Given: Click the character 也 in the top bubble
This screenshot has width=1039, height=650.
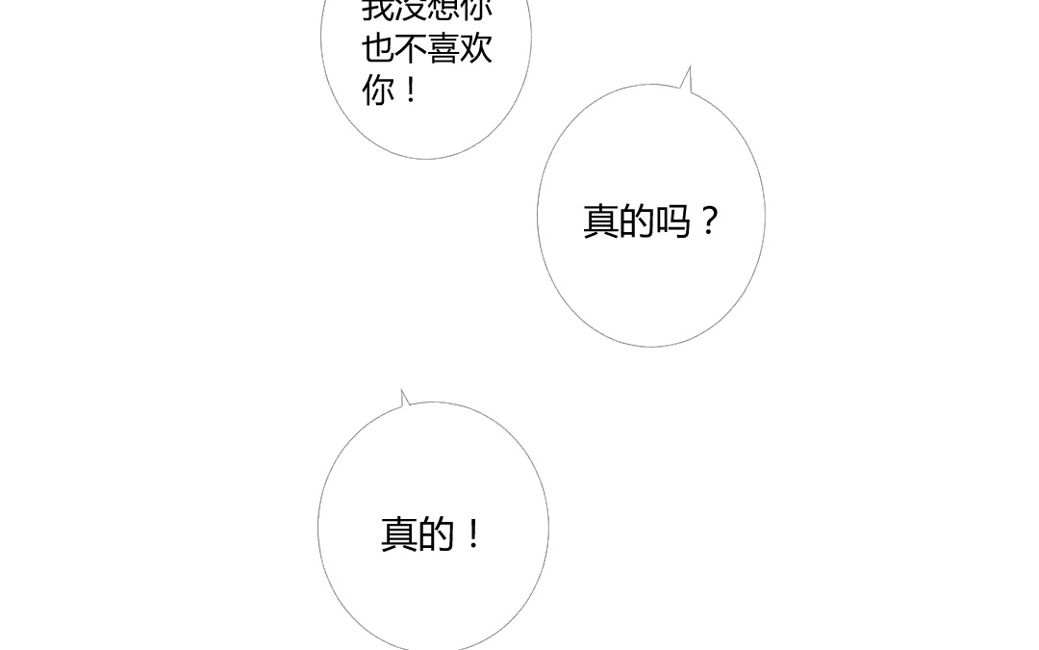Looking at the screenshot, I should point(378,48).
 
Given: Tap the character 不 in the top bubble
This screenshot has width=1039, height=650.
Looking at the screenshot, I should point(411,48).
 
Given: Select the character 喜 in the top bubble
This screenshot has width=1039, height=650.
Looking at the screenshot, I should point(443,48).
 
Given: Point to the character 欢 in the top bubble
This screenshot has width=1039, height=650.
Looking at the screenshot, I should point(476,48).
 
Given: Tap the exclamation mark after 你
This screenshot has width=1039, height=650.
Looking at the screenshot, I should point(411,91).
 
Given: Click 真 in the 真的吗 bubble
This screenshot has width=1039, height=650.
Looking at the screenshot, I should point(601,221).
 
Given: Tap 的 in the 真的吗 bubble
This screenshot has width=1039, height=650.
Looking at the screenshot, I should point(637,221).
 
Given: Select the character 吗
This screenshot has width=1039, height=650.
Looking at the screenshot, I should point(672,221).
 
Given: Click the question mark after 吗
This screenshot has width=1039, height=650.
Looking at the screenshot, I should point(709,221).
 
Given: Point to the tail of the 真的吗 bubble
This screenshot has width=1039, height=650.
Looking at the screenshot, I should point(687,79).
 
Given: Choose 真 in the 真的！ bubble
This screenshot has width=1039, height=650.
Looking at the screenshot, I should point(399,533).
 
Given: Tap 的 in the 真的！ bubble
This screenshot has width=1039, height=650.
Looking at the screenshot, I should point(435,533).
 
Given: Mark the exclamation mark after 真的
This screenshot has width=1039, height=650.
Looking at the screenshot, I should point(472,533).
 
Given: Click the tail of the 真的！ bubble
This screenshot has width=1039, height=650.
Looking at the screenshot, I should point(405,398).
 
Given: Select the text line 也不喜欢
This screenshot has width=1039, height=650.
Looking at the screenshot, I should point(427,48).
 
